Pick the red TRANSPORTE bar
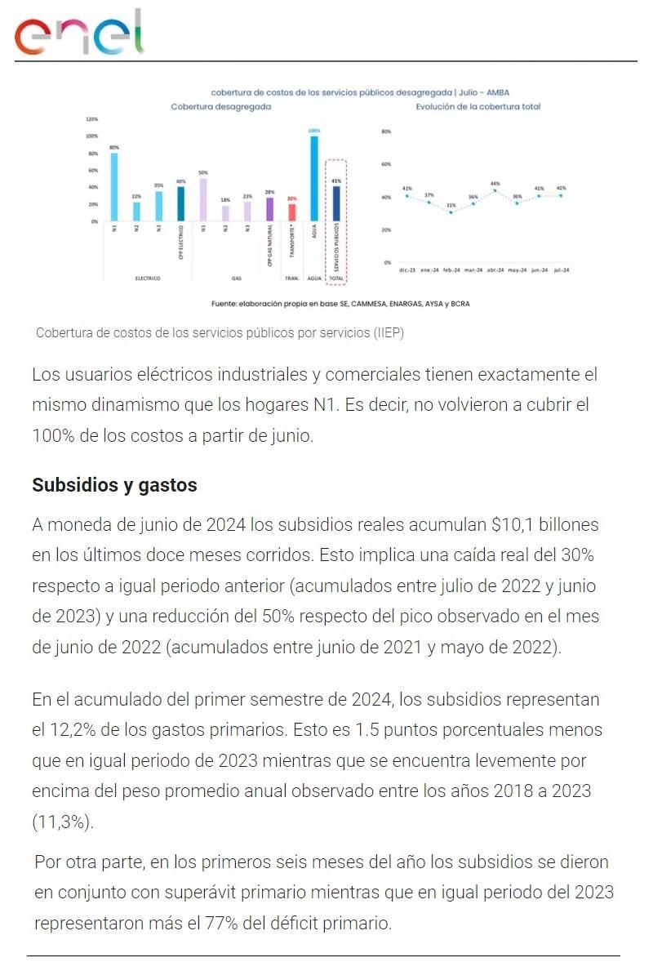(292, 212)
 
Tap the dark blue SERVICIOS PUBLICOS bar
(336, 203)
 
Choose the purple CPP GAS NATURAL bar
(269, 209)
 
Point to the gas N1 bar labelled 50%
(203, 199)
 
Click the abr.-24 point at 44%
(495, 190)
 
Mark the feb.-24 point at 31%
(451, 212)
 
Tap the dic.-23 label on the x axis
(406, 269)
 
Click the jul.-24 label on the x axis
(562, 269)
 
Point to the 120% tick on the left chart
(91, 119)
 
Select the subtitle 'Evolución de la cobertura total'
(478, 107)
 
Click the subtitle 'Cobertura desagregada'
(220, 107)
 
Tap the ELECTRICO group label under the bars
(148, 278)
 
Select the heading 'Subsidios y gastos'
(114, 485)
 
